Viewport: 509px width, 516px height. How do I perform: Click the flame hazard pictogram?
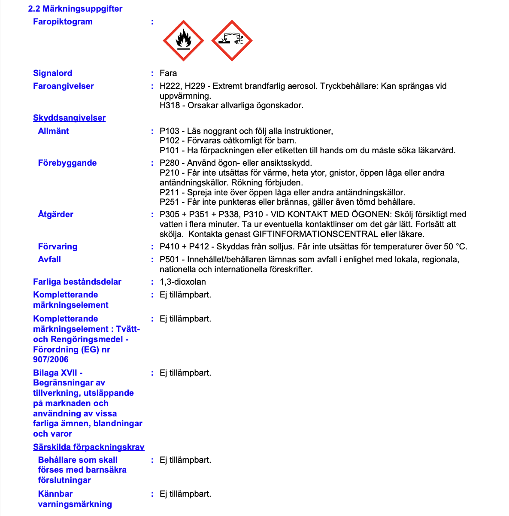pyautogui.click(x=183, y=40)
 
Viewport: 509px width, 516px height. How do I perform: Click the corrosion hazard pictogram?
pyautogui.click(x=232, y=40)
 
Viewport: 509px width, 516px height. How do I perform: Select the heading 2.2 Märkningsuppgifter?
pyautogui.click(x=75, y=9)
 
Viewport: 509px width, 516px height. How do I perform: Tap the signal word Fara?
pyautogui.click(x=168, y=73)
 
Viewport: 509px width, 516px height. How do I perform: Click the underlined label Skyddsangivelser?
pyautogui.click(x=69, y=118)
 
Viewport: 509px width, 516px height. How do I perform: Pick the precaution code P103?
pyautogui.click(x=170, y=131)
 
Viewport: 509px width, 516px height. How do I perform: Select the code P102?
pyautogui.click(x=170, y=140)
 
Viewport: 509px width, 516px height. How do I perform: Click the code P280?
pyautogui.click(x=170, y=163)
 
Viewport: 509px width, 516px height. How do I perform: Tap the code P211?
pyautogui.click(x=170, y=192)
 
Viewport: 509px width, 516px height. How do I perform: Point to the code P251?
pyautogui.click(x=170, y=202)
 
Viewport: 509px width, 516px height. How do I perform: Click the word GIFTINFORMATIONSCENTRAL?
pyautogui.click(x=315, y=234)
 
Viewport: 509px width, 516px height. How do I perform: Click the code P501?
pyautogui.click(x=170, y=259)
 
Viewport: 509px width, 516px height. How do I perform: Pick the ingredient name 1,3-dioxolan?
pyautogui.click(x=183, y=282)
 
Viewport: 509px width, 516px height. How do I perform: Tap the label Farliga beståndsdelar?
pyautogui.click(x=77, y=282)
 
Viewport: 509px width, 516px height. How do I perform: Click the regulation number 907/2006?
pyautogui.click(x=51, y=359)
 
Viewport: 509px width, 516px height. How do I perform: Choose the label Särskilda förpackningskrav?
pyautogui.click(x=89, y=447)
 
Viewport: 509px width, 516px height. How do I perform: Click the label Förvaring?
pyautogui.click(x=58, y=246)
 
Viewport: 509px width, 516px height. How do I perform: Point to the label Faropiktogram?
pyautogui.click(x=63, y=21)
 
